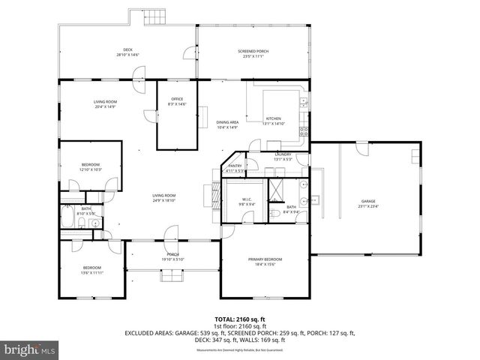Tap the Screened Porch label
click(x=255, y=52)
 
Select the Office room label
click(x=177, y=101)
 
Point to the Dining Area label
click(x=227, y=124)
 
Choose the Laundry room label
click(x=283, y=156)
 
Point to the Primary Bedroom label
click(x=265, y=261)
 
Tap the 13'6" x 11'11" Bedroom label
click(x=91, y=270)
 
